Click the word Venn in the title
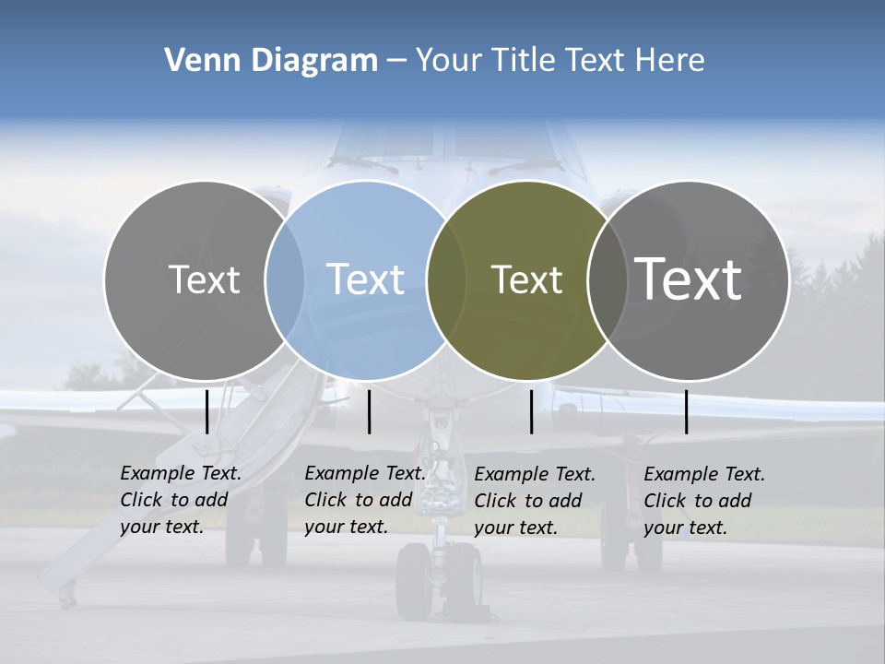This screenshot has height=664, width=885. point(195,61)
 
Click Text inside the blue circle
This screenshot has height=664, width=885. point(365,279)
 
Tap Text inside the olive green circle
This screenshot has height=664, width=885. point(526,279)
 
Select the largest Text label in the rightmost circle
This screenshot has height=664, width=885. point(688,279)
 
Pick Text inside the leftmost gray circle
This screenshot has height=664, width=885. point(204,279)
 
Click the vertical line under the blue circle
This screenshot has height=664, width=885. point(369,411)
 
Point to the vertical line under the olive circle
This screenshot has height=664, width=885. point(532,411)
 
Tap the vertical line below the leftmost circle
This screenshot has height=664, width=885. point(206,411)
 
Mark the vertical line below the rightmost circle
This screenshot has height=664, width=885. point(687,411)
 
